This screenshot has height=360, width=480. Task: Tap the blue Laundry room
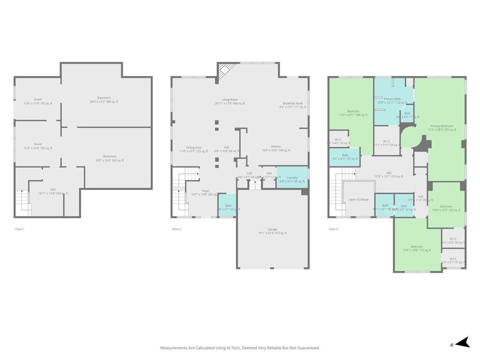coord(292,178)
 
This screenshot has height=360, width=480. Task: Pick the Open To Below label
coord(359,199)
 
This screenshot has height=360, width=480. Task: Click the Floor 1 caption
coord(20,229)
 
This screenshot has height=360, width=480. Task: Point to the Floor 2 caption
coord(176,229)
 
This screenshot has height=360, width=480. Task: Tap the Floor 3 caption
coord(333,229)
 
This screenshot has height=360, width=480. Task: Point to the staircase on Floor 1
coord(23,202)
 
